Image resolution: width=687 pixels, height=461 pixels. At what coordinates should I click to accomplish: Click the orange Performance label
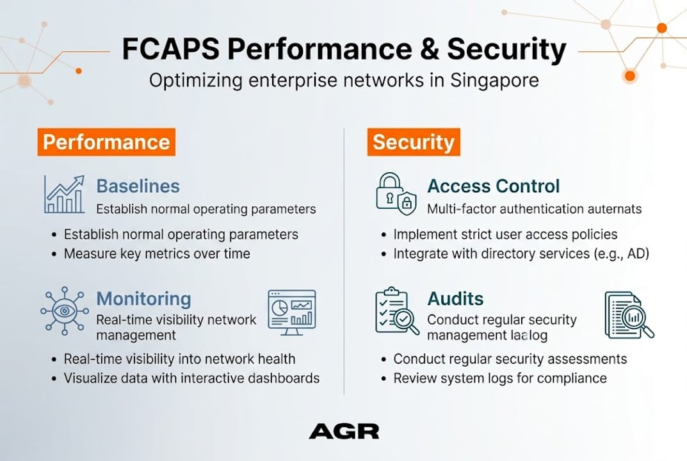click(106, 142)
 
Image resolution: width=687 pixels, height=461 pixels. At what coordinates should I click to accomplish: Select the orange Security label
click(413, 142)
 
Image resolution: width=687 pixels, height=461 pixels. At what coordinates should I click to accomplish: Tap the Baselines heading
click(138, 186)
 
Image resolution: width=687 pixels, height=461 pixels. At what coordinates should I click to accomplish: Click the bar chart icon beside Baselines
click(64, 195)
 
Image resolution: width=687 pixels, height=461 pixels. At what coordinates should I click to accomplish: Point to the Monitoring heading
click(143, 298)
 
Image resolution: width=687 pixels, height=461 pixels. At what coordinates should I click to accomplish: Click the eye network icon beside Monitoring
click(64, 311)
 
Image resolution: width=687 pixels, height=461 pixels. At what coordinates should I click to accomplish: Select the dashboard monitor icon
click(291, 312)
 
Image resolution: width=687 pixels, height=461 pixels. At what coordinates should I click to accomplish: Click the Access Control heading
click(493, 186)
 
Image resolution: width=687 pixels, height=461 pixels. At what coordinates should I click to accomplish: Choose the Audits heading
click(455, 298)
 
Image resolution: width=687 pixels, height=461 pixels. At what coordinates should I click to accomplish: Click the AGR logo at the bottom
click(344, 431)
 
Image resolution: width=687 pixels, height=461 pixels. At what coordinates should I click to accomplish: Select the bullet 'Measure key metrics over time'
click(156, 254)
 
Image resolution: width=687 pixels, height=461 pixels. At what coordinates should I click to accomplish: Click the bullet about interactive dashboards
click(191, 378)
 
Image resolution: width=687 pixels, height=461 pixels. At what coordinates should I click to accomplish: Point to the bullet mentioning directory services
click(521, 254)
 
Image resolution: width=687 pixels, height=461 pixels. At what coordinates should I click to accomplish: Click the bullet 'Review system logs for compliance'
click(499, 378)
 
